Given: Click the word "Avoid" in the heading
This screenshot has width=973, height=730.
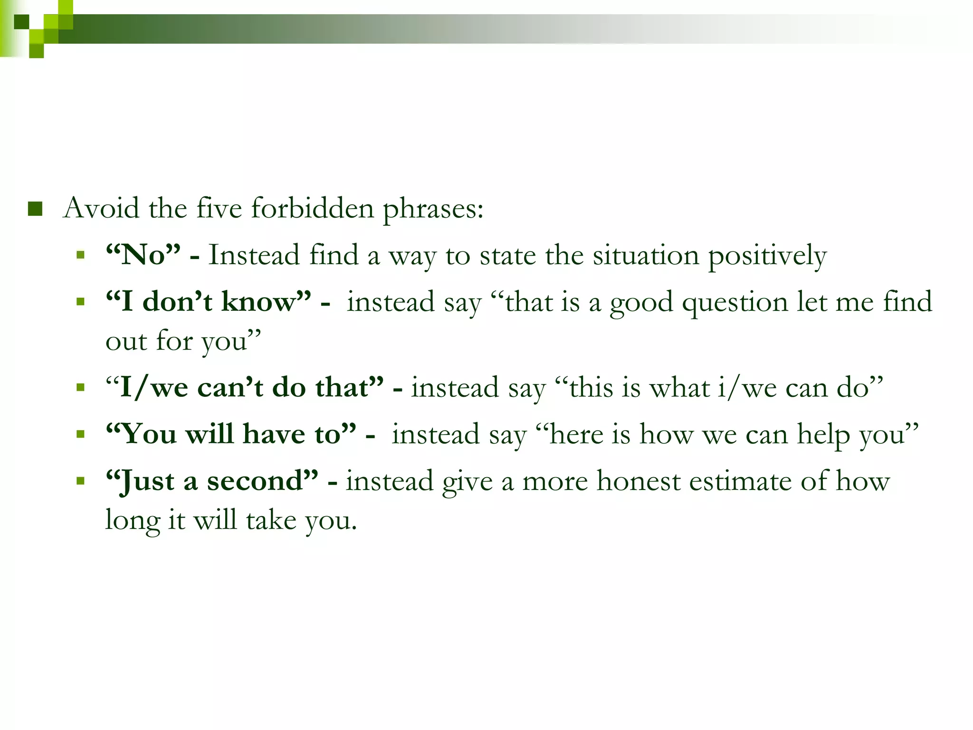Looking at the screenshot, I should (101, 208).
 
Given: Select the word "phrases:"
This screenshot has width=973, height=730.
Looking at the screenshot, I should (433, 209).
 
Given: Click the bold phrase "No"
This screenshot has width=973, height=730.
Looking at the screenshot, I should (143, 255).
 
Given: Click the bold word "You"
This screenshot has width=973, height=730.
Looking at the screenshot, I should (149, 434).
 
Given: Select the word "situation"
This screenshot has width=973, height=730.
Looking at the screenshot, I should (646, 256).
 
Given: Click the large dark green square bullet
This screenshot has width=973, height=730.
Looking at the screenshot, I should (35, 209).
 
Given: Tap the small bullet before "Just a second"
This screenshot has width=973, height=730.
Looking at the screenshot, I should (81, 481).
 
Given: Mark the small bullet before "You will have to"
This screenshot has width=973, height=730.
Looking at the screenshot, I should (81, 434).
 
